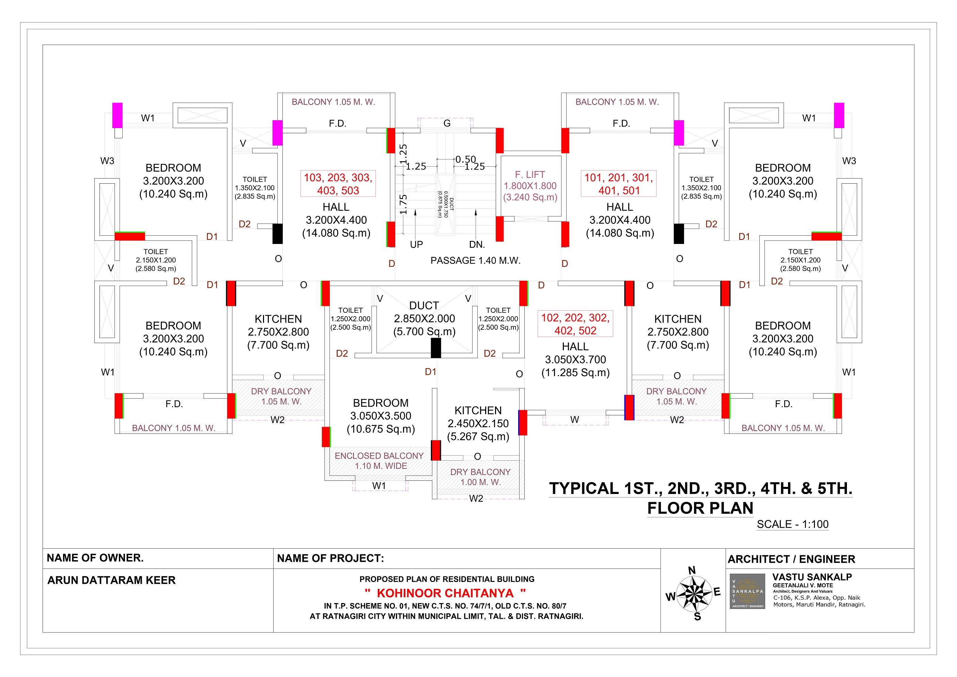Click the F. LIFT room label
point(530,186)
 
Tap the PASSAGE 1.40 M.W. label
point(476,261)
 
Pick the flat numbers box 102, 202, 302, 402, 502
point(575,324)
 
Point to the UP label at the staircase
point(416,245)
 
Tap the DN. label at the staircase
point(477,245)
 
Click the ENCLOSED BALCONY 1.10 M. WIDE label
point(379,461)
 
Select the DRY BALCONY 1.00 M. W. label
point(480,477)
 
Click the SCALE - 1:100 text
point(793,524)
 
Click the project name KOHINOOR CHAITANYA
point(445,593)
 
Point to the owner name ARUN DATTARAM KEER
point(111,580)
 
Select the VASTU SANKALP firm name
point(812,577)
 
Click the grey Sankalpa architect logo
point(747,591)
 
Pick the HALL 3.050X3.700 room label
point(575,359)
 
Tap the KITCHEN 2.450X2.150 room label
point(478,424)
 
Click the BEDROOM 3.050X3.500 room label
point(381,416)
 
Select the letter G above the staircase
point(447,123)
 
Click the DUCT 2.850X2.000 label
point(424,319)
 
